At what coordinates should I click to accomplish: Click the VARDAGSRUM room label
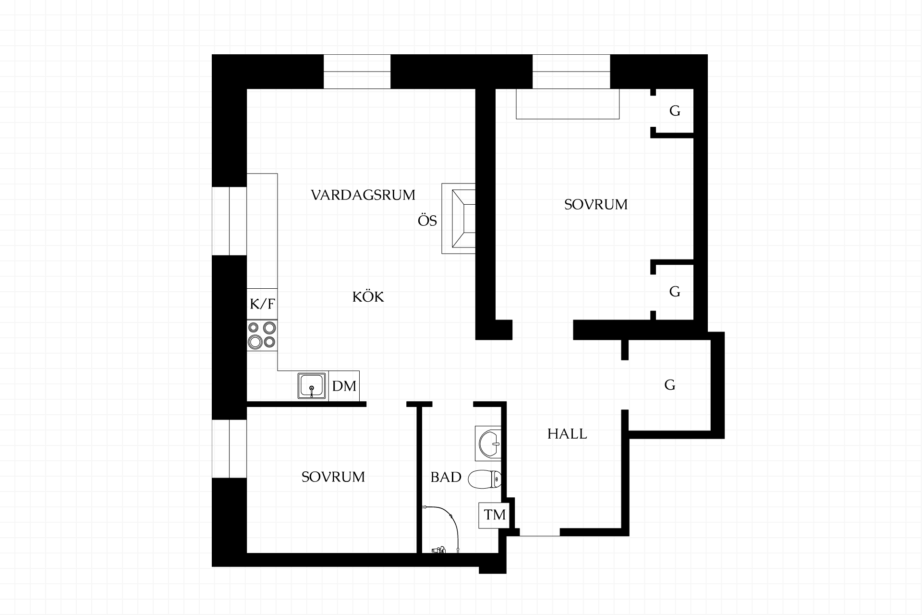[363, 195]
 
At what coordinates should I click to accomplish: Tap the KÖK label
[368, 296]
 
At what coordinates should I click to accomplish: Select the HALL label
[567, 434]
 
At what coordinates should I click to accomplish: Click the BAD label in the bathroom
[446, 477]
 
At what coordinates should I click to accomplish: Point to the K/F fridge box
[262, 304]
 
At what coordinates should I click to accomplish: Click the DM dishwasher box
[344, 385]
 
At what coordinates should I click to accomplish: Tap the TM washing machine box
[495, 515]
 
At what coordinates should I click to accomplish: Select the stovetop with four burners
[262, 335]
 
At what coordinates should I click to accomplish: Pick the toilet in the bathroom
[485, 479]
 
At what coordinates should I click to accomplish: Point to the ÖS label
[427, 221]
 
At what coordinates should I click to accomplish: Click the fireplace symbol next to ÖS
[459, 218]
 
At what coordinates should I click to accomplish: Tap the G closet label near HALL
[669, 385]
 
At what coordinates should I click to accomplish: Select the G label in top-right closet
[675, 111]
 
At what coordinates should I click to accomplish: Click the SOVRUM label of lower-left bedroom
[333, 477]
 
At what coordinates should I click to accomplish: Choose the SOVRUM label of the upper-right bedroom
[595, 205]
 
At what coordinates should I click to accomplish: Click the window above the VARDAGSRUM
[357, 72]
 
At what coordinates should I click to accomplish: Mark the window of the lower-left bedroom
[230, 449]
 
